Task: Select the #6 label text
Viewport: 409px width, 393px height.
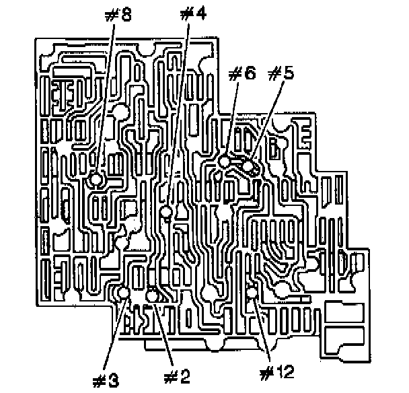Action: pyautogui.click(x=241, y=74)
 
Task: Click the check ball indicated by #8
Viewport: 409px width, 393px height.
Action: pyautogui.click(x=97, y=180)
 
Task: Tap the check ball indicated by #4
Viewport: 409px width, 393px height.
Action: pyautogui.click(x=166, y=213)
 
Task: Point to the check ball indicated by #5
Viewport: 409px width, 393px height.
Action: pyautogui.click(x=249, y=166)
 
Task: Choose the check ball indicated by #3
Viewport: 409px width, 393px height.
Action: pyautogui.click(x=124, y=293)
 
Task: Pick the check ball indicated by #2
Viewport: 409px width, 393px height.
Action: pyautogui.click(x=151, y=294)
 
